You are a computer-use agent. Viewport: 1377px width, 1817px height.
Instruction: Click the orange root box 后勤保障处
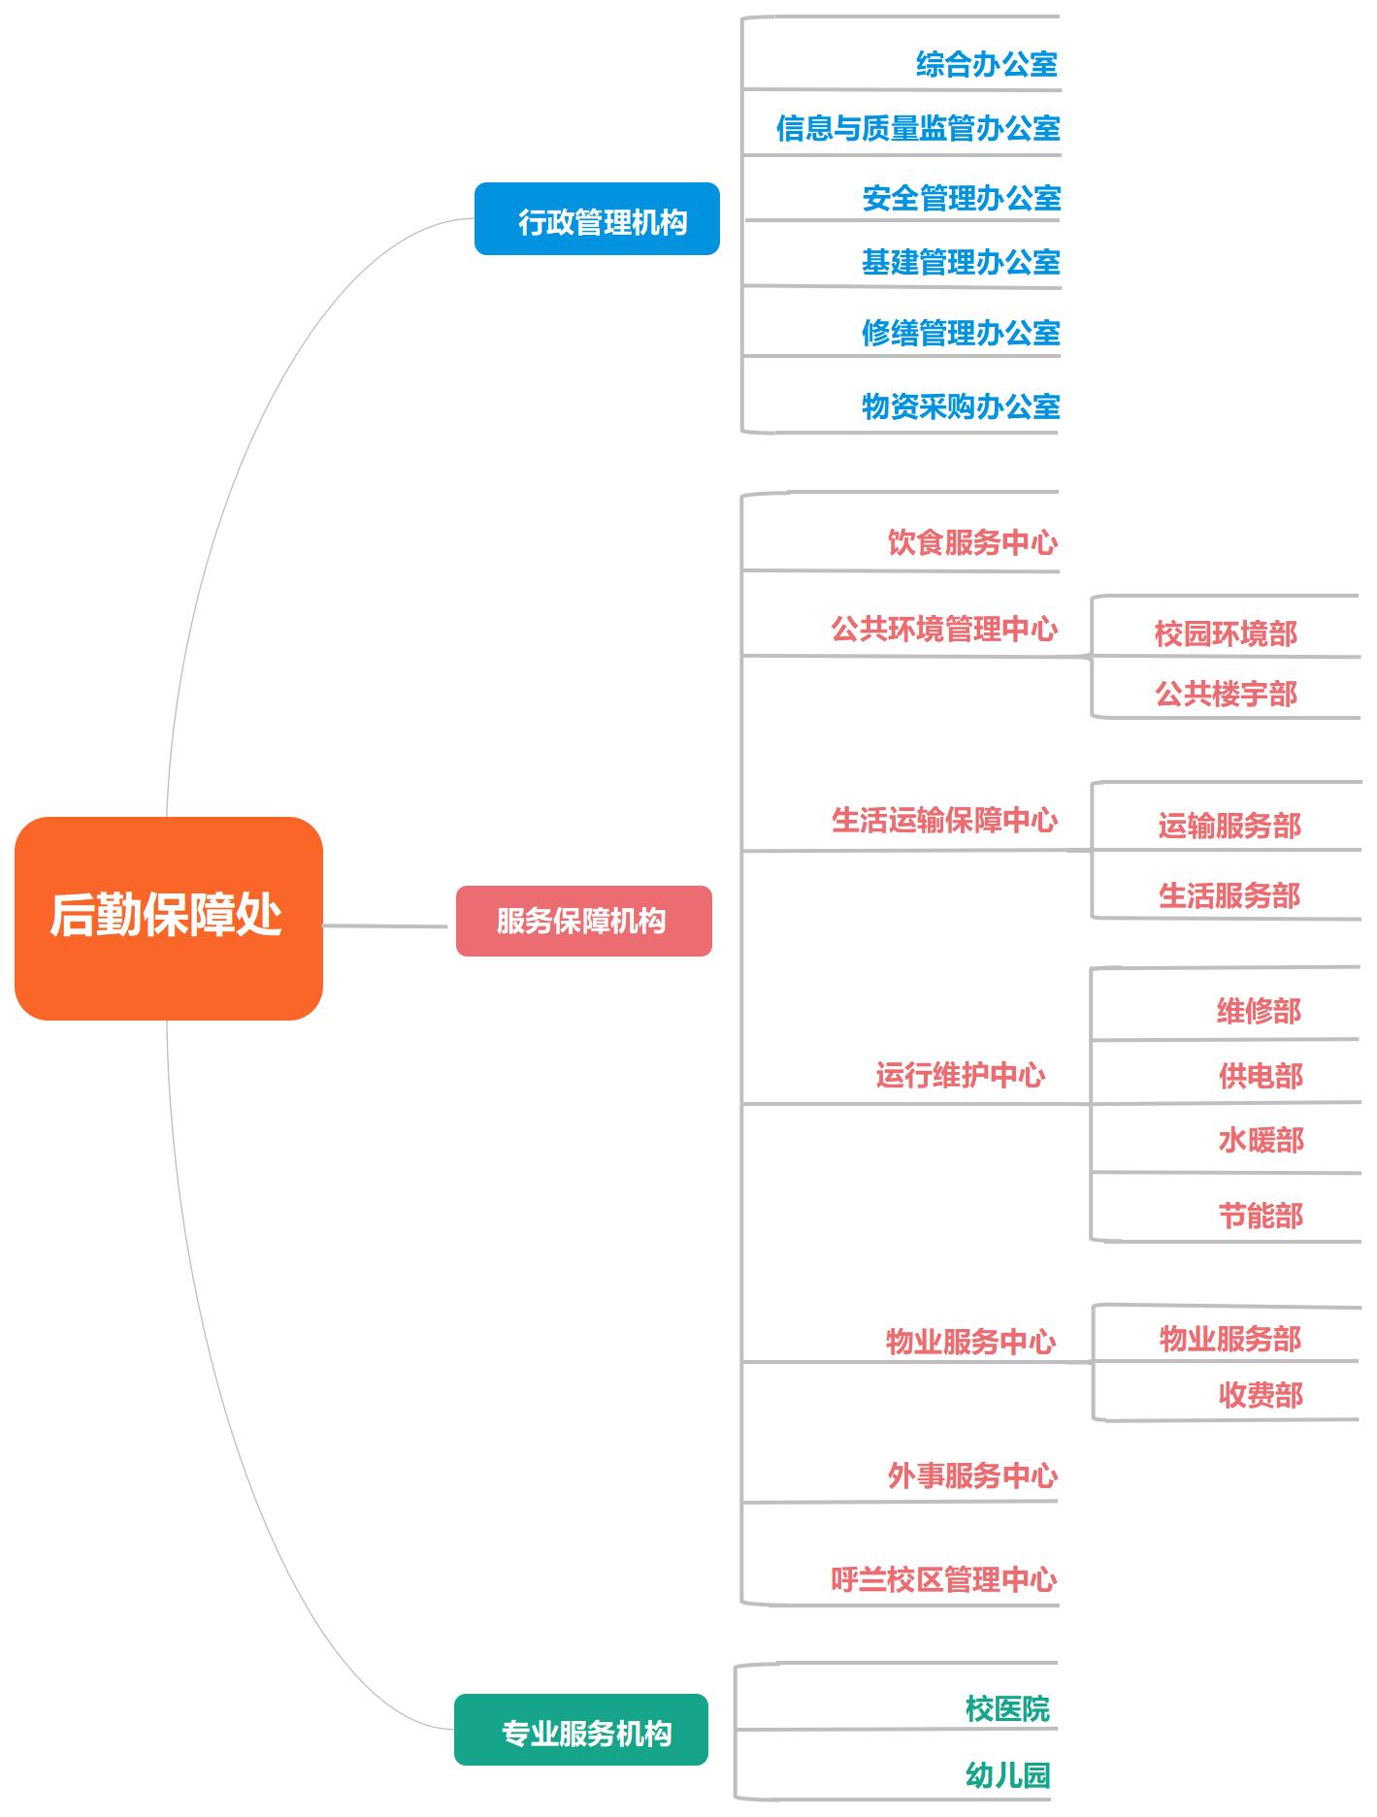point(168,918)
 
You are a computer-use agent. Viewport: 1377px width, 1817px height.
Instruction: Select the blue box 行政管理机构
point(597,219)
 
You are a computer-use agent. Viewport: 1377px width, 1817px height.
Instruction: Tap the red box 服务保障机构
point(583,921)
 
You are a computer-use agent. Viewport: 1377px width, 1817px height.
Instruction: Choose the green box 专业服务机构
point(580,1730)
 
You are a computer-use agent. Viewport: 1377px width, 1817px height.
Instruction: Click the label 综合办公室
point(986,65)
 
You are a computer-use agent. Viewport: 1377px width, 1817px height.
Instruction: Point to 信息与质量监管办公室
point(917,128)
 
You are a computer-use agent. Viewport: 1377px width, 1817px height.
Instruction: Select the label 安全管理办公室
point(961,199)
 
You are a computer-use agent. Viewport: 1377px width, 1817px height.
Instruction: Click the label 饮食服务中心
point(971,542)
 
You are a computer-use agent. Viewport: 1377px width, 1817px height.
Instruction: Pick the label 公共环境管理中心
point(943,630)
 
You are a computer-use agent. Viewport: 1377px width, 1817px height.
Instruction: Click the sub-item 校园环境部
point(1226,634)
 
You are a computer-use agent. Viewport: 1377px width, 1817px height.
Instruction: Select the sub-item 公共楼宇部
point(1226,695)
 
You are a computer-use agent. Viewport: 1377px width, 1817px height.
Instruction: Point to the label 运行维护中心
point(960,1075)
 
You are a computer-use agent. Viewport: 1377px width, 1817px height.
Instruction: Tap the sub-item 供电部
point(1260,1076)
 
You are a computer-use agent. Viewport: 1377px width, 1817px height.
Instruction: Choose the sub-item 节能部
point(1260,1216)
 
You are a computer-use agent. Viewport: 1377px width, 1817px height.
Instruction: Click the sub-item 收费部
point(1260,1395)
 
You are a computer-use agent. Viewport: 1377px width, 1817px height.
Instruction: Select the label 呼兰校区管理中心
point(943,1579)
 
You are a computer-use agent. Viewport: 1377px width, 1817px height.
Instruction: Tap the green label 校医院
point(1007,1709)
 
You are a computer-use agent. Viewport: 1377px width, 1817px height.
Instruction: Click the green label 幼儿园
point(1007,1775)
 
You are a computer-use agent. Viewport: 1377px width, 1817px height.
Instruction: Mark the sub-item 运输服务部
point(1229,827)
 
